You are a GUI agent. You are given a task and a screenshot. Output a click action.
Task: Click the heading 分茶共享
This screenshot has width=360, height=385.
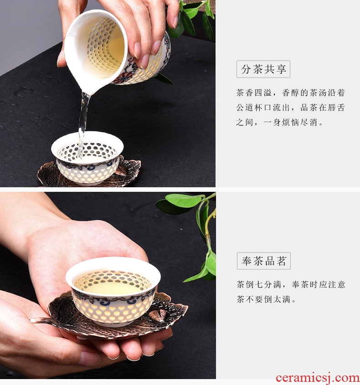click(x=263, y=69)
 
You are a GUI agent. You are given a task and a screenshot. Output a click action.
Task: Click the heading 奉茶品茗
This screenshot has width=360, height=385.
click(x=264, y=261)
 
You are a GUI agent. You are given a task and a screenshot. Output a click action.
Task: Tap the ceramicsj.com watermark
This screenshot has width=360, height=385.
click(x=318, y=378)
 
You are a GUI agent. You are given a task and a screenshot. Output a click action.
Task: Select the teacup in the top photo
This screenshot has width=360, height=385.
click(x=87, y=158)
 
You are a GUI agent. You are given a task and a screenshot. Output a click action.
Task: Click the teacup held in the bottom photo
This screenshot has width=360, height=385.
click(x=113, y=291)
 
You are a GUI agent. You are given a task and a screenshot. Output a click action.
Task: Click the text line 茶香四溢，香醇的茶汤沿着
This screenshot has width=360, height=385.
click(x=290, y=93)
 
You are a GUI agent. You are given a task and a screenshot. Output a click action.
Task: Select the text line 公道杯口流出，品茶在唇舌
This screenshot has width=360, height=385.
click(x=290, y=108)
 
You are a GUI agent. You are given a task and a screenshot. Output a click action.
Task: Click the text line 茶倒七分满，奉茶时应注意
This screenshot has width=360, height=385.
click(x=291, y=285)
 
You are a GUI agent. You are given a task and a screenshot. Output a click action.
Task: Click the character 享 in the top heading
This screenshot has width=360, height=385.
click(x=281, y=69)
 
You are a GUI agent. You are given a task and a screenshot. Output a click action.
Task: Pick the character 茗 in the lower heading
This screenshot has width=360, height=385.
click(x=282, y=261)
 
